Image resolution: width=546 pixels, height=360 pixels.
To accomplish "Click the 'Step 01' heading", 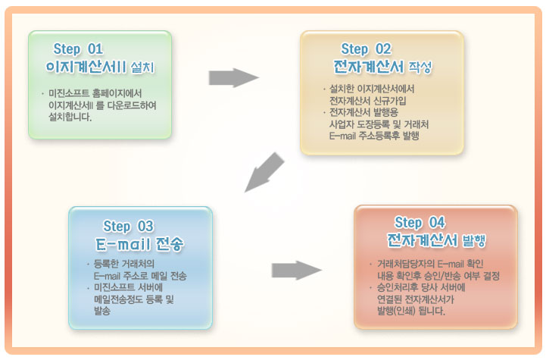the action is [x=78, y=49].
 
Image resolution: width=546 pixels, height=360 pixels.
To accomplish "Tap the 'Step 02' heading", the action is [x=366, y=49].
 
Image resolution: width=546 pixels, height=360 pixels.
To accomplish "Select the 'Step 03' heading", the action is [x=128, y=227].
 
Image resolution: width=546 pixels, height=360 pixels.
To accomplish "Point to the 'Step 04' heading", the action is [x=420, y=223].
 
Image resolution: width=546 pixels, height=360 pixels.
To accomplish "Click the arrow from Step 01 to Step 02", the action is [x=234, y=78].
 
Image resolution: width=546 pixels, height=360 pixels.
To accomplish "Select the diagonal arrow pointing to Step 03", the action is [x=264, y=172].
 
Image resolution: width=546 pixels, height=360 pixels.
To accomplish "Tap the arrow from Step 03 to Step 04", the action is [x=297, y=270].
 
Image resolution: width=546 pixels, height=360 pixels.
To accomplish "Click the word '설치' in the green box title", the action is [x=142, y=67].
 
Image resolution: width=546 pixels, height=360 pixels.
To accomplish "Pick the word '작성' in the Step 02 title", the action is [x=420, y=67].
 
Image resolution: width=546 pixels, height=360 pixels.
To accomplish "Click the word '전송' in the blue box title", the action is [x=169, y=244].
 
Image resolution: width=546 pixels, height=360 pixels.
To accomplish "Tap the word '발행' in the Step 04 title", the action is [x=473, y=240].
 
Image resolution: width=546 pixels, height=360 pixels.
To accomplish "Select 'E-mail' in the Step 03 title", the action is [x=123, y=244].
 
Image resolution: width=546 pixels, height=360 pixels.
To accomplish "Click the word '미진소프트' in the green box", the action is [x=69, y=93].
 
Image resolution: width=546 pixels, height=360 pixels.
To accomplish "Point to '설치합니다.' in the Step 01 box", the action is [x=70, y=117].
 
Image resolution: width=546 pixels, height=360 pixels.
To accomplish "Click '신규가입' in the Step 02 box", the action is [x=392, y=101].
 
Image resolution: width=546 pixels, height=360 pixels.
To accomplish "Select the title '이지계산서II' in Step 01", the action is [x=86, y=67].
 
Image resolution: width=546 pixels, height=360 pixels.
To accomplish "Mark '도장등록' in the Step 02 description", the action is [x=373, y=124].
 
